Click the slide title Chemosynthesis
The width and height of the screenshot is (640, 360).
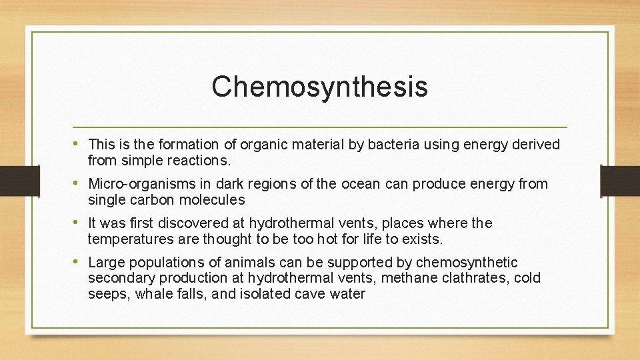click(319, 87)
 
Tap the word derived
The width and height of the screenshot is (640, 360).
click(535, 145)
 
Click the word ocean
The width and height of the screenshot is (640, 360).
click(361, 184)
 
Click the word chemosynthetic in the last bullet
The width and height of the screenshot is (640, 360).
click(467, 263)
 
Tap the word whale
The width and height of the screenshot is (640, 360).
click(152, 294)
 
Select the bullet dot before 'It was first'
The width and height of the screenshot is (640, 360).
click(81, 223)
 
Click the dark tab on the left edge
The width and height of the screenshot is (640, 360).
click(19, 180)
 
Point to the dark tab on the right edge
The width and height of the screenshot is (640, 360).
click(620, 180)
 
